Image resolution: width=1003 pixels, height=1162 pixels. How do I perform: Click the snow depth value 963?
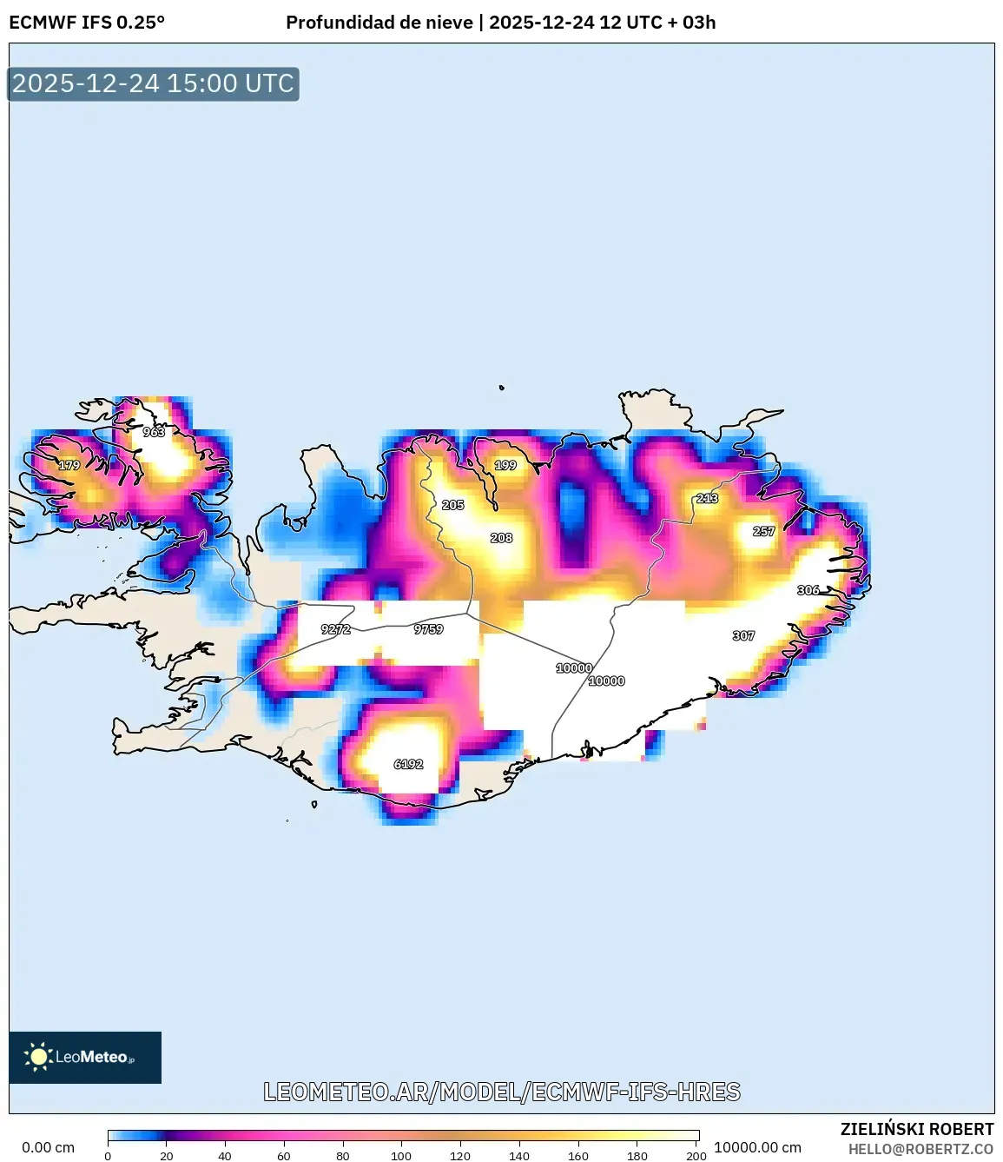coord(154,432)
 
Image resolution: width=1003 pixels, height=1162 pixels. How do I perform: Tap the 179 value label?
coord(69,466)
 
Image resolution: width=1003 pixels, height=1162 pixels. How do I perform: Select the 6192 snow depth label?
coord(408,765)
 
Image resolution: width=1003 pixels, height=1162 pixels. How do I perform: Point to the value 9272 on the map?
coord(335,629)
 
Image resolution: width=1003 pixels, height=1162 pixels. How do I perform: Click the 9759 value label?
coord(428,629)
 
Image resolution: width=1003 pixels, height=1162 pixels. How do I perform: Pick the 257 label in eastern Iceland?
coord(763,531)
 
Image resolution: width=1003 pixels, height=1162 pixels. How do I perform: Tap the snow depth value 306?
coord(808,590)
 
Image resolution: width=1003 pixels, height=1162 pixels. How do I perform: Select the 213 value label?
coord(707,498)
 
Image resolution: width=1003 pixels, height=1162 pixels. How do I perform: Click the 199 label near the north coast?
coord(505,465)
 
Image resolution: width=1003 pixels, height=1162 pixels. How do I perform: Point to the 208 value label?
coord(501,538)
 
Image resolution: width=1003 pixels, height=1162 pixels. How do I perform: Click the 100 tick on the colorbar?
coord(401,1156)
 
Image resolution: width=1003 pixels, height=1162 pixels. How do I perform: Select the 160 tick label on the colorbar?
coord(578,1156)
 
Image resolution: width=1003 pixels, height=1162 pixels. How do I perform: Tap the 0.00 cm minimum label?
coord(48,1147)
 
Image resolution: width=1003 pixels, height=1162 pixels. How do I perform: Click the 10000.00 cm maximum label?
coord(757,1147)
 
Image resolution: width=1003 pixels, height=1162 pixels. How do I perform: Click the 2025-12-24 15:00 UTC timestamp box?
coord(153,84)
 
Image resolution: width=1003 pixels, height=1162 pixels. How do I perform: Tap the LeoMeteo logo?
coord(85,1057)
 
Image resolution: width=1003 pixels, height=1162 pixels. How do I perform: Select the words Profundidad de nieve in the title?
coord(379,23)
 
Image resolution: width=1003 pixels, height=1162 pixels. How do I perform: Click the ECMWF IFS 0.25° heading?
coord(87,23)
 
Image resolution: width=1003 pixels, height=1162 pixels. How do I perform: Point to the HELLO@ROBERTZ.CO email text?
coord(921,1149)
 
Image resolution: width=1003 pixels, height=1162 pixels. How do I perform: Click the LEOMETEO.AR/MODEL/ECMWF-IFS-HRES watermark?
coord(502,1092)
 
